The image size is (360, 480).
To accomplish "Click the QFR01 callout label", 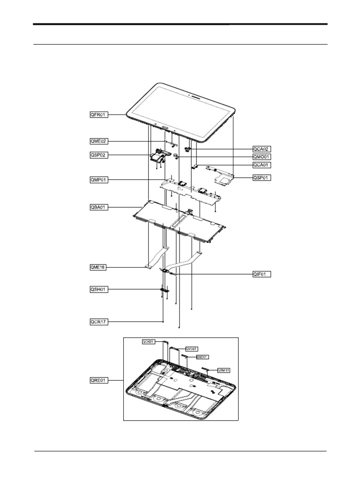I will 98,114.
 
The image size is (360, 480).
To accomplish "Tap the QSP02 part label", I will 98,155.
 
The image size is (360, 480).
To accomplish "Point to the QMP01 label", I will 98,179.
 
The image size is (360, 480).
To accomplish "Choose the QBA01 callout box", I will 98,207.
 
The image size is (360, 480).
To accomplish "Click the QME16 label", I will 98,267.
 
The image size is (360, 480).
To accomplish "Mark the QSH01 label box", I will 98,290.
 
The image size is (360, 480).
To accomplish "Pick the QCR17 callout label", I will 98,322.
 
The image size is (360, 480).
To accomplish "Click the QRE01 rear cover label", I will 98,381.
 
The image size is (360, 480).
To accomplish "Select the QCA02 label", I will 262,149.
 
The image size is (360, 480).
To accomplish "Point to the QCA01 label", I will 262,165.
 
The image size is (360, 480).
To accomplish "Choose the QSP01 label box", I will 262,178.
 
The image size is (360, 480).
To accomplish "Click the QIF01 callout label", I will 262,274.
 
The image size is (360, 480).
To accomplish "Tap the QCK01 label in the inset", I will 148,342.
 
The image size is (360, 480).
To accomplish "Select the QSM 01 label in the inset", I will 224,370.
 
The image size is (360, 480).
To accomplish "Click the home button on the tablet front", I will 165,127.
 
